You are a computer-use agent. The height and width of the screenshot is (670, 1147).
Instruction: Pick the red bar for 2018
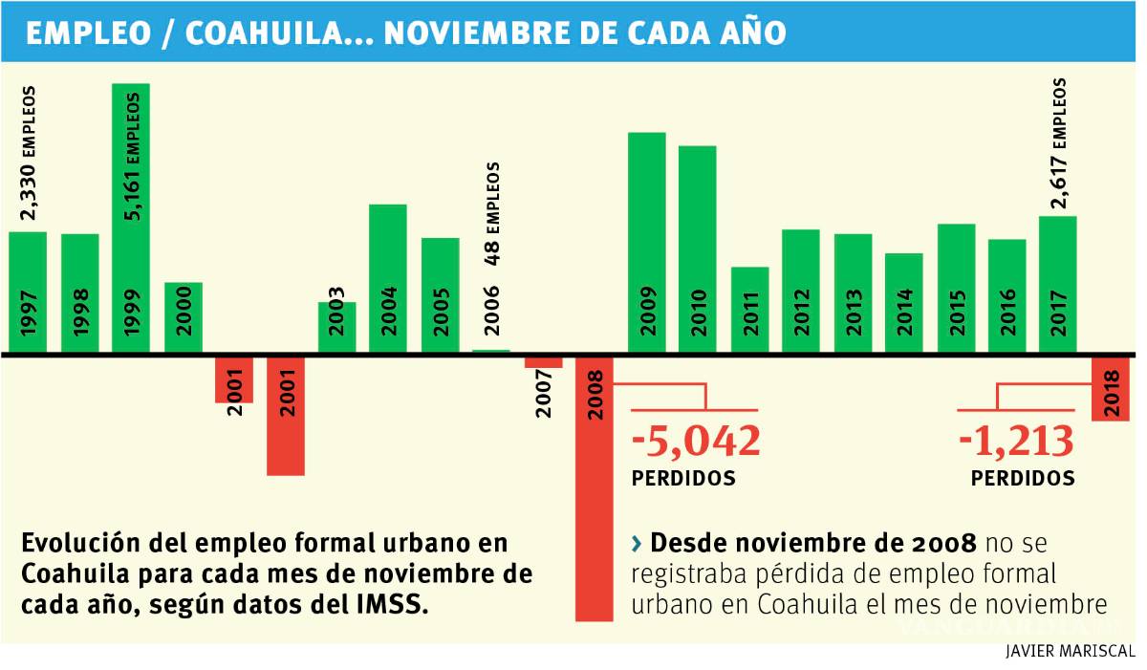1111,387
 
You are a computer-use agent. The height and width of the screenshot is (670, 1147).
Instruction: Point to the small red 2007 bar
543,361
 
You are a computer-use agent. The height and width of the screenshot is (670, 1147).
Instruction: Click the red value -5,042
696,442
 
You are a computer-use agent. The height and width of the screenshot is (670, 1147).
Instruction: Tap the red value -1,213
1017,442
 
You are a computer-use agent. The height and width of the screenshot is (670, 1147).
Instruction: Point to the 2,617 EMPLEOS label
1059,143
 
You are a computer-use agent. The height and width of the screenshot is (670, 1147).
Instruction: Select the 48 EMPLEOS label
492,213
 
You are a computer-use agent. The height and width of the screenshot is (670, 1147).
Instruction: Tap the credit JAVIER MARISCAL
1070,652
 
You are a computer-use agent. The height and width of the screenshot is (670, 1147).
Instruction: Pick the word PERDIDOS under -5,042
683,478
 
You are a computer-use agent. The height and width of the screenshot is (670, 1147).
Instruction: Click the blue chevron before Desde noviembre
637,545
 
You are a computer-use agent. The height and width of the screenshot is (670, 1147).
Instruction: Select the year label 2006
492,310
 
